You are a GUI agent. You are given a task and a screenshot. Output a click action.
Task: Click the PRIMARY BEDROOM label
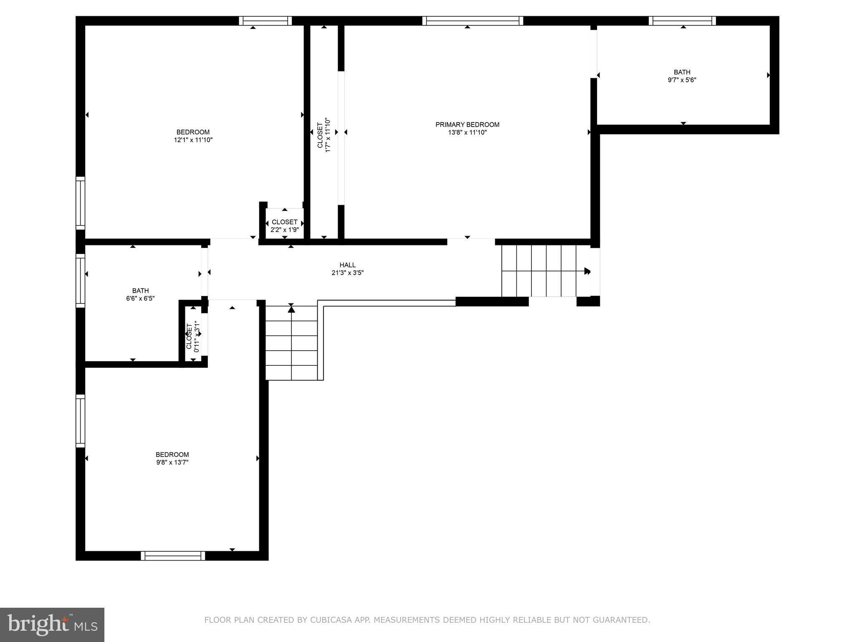click(x=467, y=125)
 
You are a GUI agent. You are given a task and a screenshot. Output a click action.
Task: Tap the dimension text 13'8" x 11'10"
click(x=467, y=132)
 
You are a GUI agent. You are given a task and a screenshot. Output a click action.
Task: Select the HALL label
click(x=347, y=265)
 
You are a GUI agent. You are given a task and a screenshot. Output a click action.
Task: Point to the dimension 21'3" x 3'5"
click(x=347, y=273)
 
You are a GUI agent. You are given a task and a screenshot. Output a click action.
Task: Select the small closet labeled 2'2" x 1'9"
click(x=284, y=226)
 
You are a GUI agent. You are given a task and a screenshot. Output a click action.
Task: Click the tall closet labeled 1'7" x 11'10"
click(x=324, y=135)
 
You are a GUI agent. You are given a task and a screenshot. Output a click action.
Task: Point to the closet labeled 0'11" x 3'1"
click(x=193, y=335)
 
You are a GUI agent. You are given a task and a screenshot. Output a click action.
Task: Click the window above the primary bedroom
click(x=472, y=21)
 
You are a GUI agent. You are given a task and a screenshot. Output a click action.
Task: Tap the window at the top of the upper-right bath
click(x=682, y=21)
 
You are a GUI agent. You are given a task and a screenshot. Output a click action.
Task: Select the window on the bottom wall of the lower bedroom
click(x=173, y=555)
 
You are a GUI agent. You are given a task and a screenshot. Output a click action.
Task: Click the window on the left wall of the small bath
click(x=80, y=280)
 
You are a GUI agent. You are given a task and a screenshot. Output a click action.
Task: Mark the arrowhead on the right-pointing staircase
click(x=587, y=271)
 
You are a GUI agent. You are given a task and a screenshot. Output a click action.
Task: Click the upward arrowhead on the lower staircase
click(x=291, y=309)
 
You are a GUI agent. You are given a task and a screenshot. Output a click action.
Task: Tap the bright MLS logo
click(x=52, y=624)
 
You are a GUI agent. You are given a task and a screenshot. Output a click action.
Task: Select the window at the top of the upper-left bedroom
click(x=266, y=21)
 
